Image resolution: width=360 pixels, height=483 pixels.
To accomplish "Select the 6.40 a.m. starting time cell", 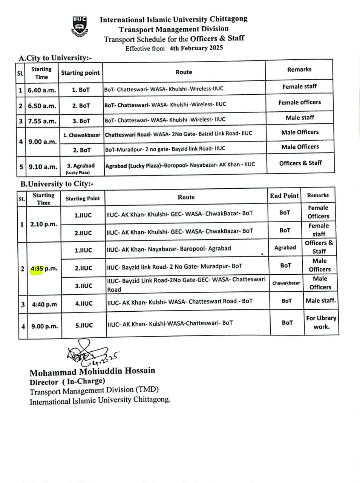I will tap(42, 90).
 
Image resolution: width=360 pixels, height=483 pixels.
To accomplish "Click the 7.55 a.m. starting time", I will tap(42, 121).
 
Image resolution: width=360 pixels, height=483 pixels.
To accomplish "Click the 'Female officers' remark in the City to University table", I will tap(300, 102).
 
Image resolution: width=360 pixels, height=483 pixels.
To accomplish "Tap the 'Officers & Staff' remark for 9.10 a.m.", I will tap(300, 163).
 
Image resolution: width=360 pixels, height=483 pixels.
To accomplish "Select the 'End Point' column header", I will tap(284, 195).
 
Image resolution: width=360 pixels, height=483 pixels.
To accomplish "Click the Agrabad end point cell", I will tap(285, 248).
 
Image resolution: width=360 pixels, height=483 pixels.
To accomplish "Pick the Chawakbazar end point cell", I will tap(286, 283).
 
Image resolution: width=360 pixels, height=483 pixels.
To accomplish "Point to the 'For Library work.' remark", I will tap(321, 322).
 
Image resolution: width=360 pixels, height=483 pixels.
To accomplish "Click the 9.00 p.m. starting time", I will tap(44, 326).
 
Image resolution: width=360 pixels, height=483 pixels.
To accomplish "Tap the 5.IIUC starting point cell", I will tap(84, 325).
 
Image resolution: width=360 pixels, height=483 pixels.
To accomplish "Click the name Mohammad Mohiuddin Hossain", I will tap(92, 371).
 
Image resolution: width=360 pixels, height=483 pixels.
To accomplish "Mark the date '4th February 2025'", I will tap(196, 48).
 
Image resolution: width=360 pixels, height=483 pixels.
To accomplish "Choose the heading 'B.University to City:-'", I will tap(57, 184).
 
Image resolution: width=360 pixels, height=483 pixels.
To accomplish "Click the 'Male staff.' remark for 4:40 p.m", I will tap(321, 301).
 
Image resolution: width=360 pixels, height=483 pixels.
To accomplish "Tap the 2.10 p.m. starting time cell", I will tap(44, 224).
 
